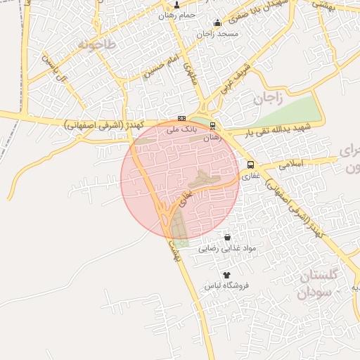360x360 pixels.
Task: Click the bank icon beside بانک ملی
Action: (x=182, y=118)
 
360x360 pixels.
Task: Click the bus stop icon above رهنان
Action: (x=212, y=127)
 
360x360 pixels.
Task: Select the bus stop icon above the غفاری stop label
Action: (x=250, y=165)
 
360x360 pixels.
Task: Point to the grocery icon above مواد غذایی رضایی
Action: (x=226, y=238)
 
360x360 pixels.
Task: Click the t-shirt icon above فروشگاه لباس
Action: (x=226, y=275)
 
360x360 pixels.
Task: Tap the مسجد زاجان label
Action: (x=218, y=33)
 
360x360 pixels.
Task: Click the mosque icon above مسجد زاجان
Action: (x=217, y=22)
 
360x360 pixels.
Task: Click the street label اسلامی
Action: (x=291, y=164)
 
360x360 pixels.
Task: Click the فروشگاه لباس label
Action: (x=227, y=286)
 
